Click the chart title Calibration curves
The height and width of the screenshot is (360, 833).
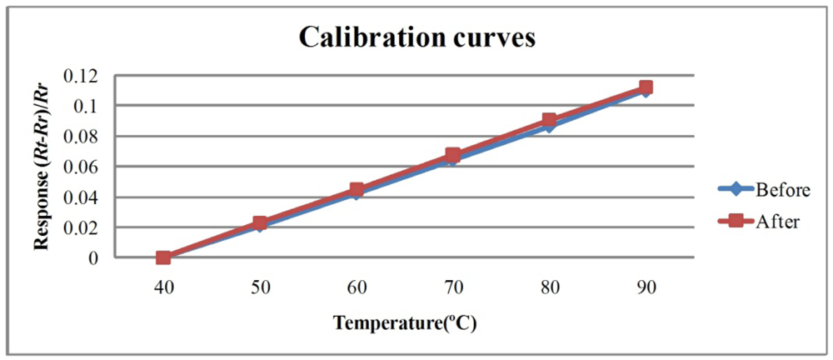point(416,37)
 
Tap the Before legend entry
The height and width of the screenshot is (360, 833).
point(782,190)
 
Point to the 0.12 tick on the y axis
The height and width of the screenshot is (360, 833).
point(86,76)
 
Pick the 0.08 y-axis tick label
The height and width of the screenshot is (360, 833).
point(86,137)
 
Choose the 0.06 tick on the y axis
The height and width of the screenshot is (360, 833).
point(86,167)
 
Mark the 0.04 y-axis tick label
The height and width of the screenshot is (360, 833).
point(86,197)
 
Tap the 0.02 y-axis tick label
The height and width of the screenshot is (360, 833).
point(86,227)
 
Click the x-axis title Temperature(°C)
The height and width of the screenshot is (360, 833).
point(406,322)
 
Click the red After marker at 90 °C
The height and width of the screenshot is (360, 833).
point(646,87)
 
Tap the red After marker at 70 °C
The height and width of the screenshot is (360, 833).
point(453,155)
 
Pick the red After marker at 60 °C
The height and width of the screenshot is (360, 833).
point(357,190)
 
